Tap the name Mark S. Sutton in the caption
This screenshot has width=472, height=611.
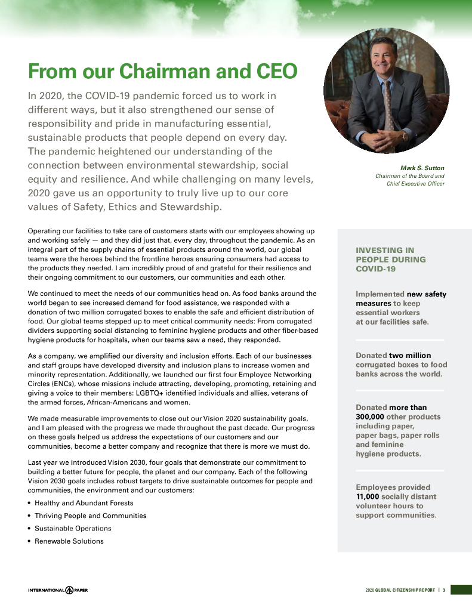pos(422,168)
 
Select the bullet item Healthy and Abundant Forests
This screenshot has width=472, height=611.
pos(84,503)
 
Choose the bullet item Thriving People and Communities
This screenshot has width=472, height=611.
pos(90,516)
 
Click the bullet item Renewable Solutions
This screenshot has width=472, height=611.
pos(69,541)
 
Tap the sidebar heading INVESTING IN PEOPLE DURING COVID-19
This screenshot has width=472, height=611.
pos(391,260)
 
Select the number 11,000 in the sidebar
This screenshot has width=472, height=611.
pos(368,496)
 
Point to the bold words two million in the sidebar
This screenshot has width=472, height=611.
pos(410,356)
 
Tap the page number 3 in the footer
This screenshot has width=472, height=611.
pos(444,590)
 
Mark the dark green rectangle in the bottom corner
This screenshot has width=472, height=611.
pos(461,590)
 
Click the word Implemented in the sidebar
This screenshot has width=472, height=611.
pos(380,294)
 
